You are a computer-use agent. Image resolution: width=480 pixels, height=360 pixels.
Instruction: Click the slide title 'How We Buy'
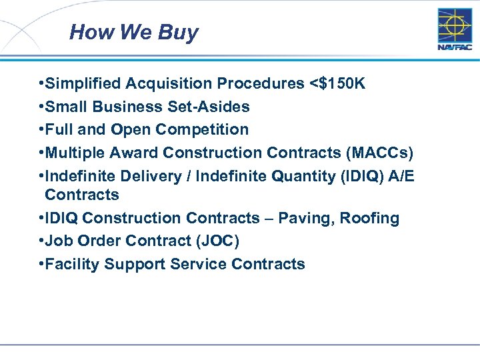pyautogui.click(x=133, y=32)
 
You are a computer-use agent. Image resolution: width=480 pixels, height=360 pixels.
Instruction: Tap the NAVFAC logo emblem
pyautogui.click(x=455, y=26)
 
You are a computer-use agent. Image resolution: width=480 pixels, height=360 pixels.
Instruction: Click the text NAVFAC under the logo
pyautogui.click(x=455, y=47)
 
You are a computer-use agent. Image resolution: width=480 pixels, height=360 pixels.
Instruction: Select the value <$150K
pyautogui.click(x=337, y=83)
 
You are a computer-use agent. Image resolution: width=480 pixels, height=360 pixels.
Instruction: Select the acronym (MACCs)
pyautogui.click(x=380, y=153)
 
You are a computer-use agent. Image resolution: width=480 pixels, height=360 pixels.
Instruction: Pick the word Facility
pyautogui.click(x=70, y=264)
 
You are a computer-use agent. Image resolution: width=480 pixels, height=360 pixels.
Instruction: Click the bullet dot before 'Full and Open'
pyautogui.click(x=41, y=129)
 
